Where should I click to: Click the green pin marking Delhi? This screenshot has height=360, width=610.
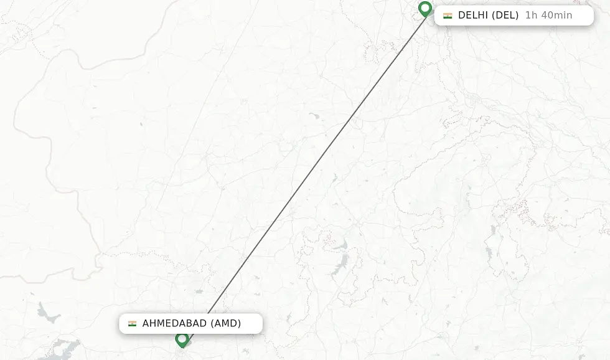(x=425, y=9)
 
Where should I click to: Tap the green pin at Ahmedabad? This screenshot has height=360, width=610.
(x=182, y=340)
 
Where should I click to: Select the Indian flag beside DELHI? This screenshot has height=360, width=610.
(x=448, y=16)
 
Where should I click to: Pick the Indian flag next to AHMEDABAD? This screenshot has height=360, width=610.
(x=132, y=324)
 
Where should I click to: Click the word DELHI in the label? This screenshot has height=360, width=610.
(x=473, y=16)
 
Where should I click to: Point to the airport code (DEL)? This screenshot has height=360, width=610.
(x=505, y=16)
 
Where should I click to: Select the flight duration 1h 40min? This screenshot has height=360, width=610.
(x=548, y=16)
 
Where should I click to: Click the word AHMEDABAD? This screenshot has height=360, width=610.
(x=174, y=324)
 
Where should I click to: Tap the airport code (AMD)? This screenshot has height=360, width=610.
(x=225, y=324)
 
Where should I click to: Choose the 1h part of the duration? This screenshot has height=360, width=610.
(x=531, y=16)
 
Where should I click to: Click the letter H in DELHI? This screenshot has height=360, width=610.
(x=481, y=16)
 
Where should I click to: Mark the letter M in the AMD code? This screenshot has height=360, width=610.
(x=225, y=324)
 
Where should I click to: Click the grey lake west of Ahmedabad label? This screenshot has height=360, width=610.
(x=49, y=313)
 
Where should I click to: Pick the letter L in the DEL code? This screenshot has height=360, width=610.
(x=512, y=16)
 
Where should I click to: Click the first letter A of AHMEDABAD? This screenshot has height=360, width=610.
(x=146, y=324)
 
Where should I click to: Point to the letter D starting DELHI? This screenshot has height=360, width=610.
(x=462, y=16)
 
